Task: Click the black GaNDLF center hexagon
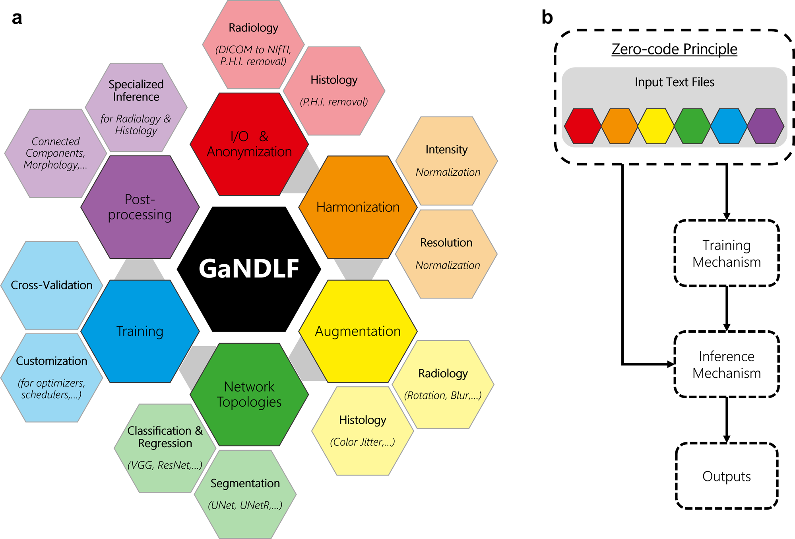[249, 269]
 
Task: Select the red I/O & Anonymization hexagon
[249, 144]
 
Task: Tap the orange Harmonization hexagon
[358, 207]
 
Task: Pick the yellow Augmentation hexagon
[358, 331]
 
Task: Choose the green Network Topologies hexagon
[249, 394]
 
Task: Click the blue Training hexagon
[140, 331]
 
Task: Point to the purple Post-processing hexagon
[140, 207]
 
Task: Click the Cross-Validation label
[51, 285]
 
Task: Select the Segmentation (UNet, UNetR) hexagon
[245, 494]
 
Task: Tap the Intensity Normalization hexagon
[447, 161]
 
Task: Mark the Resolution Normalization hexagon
[446, 254]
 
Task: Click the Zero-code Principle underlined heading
[674, 49]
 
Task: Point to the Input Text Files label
[674, 82]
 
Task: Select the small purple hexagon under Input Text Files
[765, 126]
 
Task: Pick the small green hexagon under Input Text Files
[692, 126]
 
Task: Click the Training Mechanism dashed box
[726, 253]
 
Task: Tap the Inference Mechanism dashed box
[726, 364]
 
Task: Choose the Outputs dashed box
[726, 476]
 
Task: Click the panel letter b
[547, 17]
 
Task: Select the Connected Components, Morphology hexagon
[55, 153]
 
